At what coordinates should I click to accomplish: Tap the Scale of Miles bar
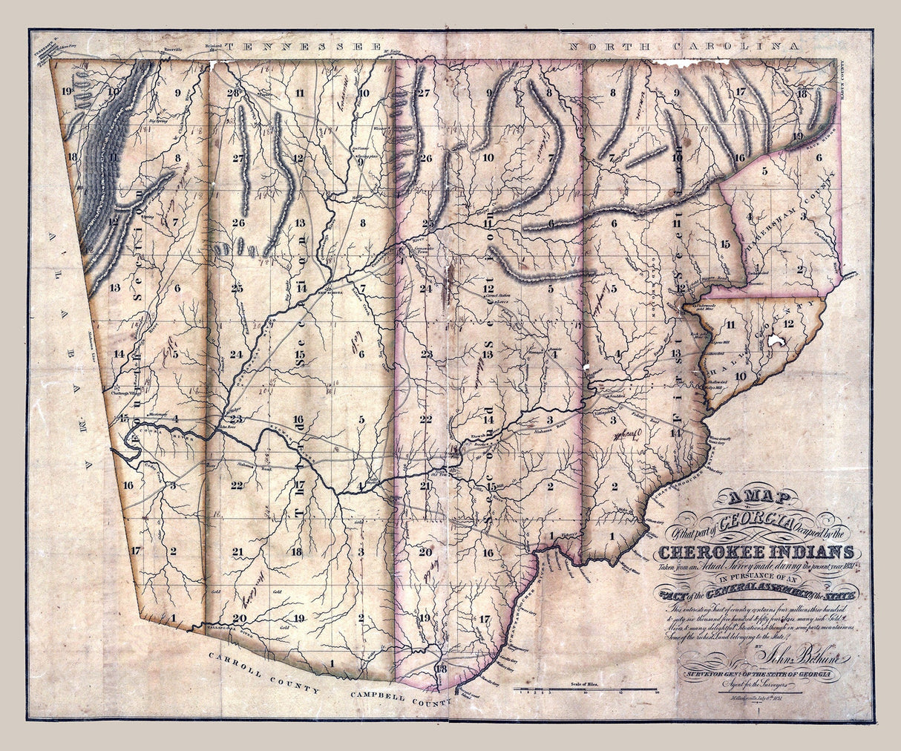point(586,692)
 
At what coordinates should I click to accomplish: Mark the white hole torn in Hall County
point(778,340)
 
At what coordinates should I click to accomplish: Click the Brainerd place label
point(214,47)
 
